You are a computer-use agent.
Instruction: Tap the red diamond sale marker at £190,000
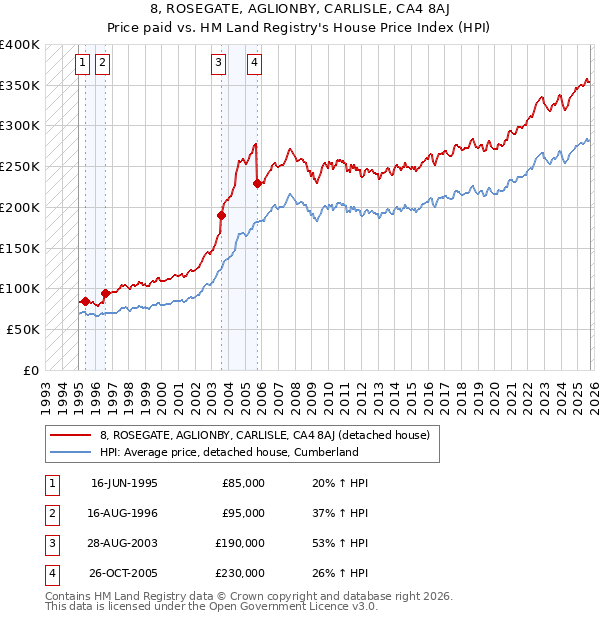click(x=221, y=214)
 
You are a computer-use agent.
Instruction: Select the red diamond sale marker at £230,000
click(x=257, y=183)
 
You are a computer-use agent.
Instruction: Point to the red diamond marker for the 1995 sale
click(x=86, y=300)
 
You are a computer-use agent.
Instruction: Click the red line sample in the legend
click(x=71, y=435)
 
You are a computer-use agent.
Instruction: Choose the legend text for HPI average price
click(x=229, y=452)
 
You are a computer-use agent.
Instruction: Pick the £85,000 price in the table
click(x=243, y=483)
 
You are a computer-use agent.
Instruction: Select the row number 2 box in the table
click(x=51, y=513)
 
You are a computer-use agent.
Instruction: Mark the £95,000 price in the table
click(x=243, y=513)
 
